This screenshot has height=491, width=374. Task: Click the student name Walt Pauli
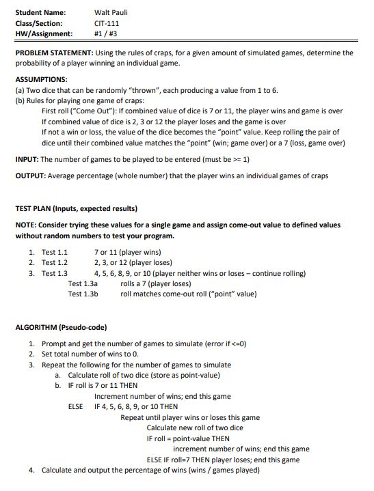tap(111, 12)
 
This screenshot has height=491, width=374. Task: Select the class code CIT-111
tap(107, 23)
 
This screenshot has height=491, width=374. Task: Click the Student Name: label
tap(40, 12)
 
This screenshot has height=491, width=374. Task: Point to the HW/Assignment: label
tap(43, 33)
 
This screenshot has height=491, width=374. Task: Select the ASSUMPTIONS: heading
tap(43, 79)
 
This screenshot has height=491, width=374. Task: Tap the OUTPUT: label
tap(31, 176)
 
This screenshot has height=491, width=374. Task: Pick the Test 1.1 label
tap(55, 252)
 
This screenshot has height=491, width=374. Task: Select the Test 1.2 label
tap(55, 262)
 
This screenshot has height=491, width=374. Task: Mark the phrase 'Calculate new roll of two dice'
tap(195, 427)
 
